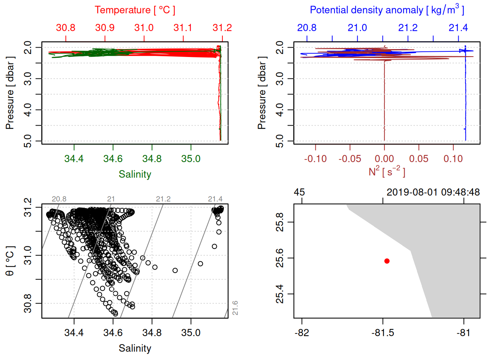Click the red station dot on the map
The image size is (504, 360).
pos(387,261)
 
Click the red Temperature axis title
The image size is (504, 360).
pos(135,10)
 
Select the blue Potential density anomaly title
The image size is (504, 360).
pos(387,10)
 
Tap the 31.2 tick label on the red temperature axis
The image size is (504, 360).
pos(222,28)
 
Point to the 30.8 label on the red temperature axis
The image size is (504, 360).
pos(66,28)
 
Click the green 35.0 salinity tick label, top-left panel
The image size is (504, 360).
pos(191,159)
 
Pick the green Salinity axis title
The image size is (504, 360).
pos(135,174)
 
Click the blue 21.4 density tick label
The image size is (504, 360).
pos(458,28)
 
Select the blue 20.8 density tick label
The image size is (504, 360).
pos(307,28)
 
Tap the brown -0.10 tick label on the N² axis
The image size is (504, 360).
pos(315,159)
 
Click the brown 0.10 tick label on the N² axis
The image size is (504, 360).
pos(453,159)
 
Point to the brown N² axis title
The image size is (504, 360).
pos(387,171)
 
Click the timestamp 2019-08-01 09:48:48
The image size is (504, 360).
pos(433,192)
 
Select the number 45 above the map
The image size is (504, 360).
pos(299,192)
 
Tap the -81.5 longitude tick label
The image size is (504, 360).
pos(383,333)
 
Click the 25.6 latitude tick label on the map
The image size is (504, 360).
pos(280,258)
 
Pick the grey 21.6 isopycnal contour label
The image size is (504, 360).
pos(235,308)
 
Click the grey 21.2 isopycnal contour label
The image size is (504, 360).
pos(163,199)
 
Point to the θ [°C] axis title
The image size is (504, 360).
pos(10,261)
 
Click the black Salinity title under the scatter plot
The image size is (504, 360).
pos(135,348)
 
